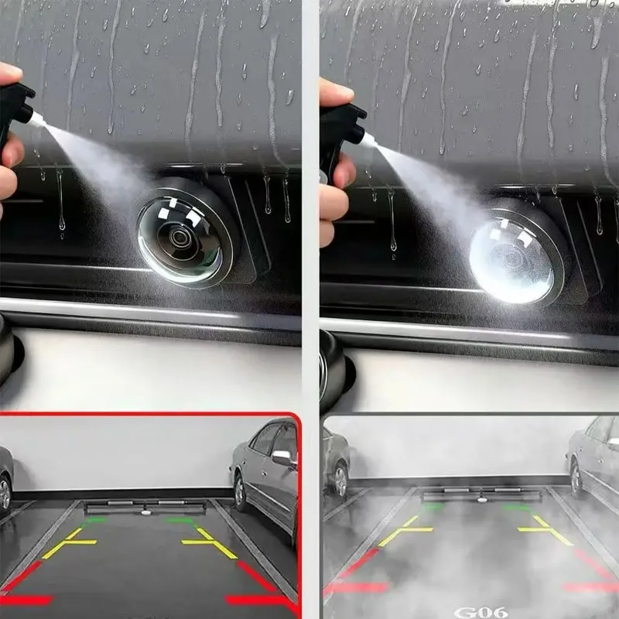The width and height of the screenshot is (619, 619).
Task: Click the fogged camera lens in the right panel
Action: [513, 259]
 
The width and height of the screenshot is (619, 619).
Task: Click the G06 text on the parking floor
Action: [480, 612]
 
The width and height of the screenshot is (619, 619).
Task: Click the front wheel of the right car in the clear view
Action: [240, 491]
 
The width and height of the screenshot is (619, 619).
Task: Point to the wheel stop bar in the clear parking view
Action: [145, 508]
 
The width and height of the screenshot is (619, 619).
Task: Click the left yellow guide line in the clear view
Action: [69, 543]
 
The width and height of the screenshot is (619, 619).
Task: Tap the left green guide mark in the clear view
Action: [94, 520]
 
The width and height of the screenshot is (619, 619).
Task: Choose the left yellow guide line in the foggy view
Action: [405, 530]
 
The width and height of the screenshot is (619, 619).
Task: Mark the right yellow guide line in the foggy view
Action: [545, 530]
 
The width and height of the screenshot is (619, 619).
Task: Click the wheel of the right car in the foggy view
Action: [576, 477]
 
